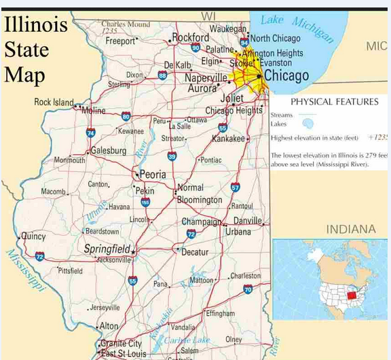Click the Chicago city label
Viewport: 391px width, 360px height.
point(286,75)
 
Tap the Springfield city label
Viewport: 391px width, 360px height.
point(107,249)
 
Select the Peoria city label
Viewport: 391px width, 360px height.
point(152,175)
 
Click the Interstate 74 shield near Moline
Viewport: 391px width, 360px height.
point(90,134)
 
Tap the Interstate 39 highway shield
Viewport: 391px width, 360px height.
point(172,156)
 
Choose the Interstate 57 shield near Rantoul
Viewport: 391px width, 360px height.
point(235,187)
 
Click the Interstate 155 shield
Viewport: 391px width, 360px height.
point(145,202)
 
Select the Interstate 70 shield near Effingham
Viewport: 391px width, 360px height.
point(248,289)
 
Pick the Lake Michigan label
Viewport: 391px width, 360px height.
point(297,28)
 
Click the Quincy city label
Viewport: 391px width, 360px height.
point(33,236)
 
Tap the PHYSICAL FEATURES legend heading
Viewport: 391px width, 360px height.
point(334,102)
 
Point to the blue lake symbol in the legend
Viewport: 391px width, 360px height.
point(308,123)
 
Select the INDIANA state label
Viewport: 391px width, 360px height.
point(351,230)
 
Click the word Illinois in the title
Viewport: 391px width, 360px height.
point(36,25)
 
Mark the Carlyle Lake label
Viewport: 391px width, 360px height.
point(187,340)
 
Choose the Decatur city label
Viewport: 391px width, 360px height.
point(195,251)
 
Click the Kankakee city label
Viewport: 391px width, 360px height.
point(228,139)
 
